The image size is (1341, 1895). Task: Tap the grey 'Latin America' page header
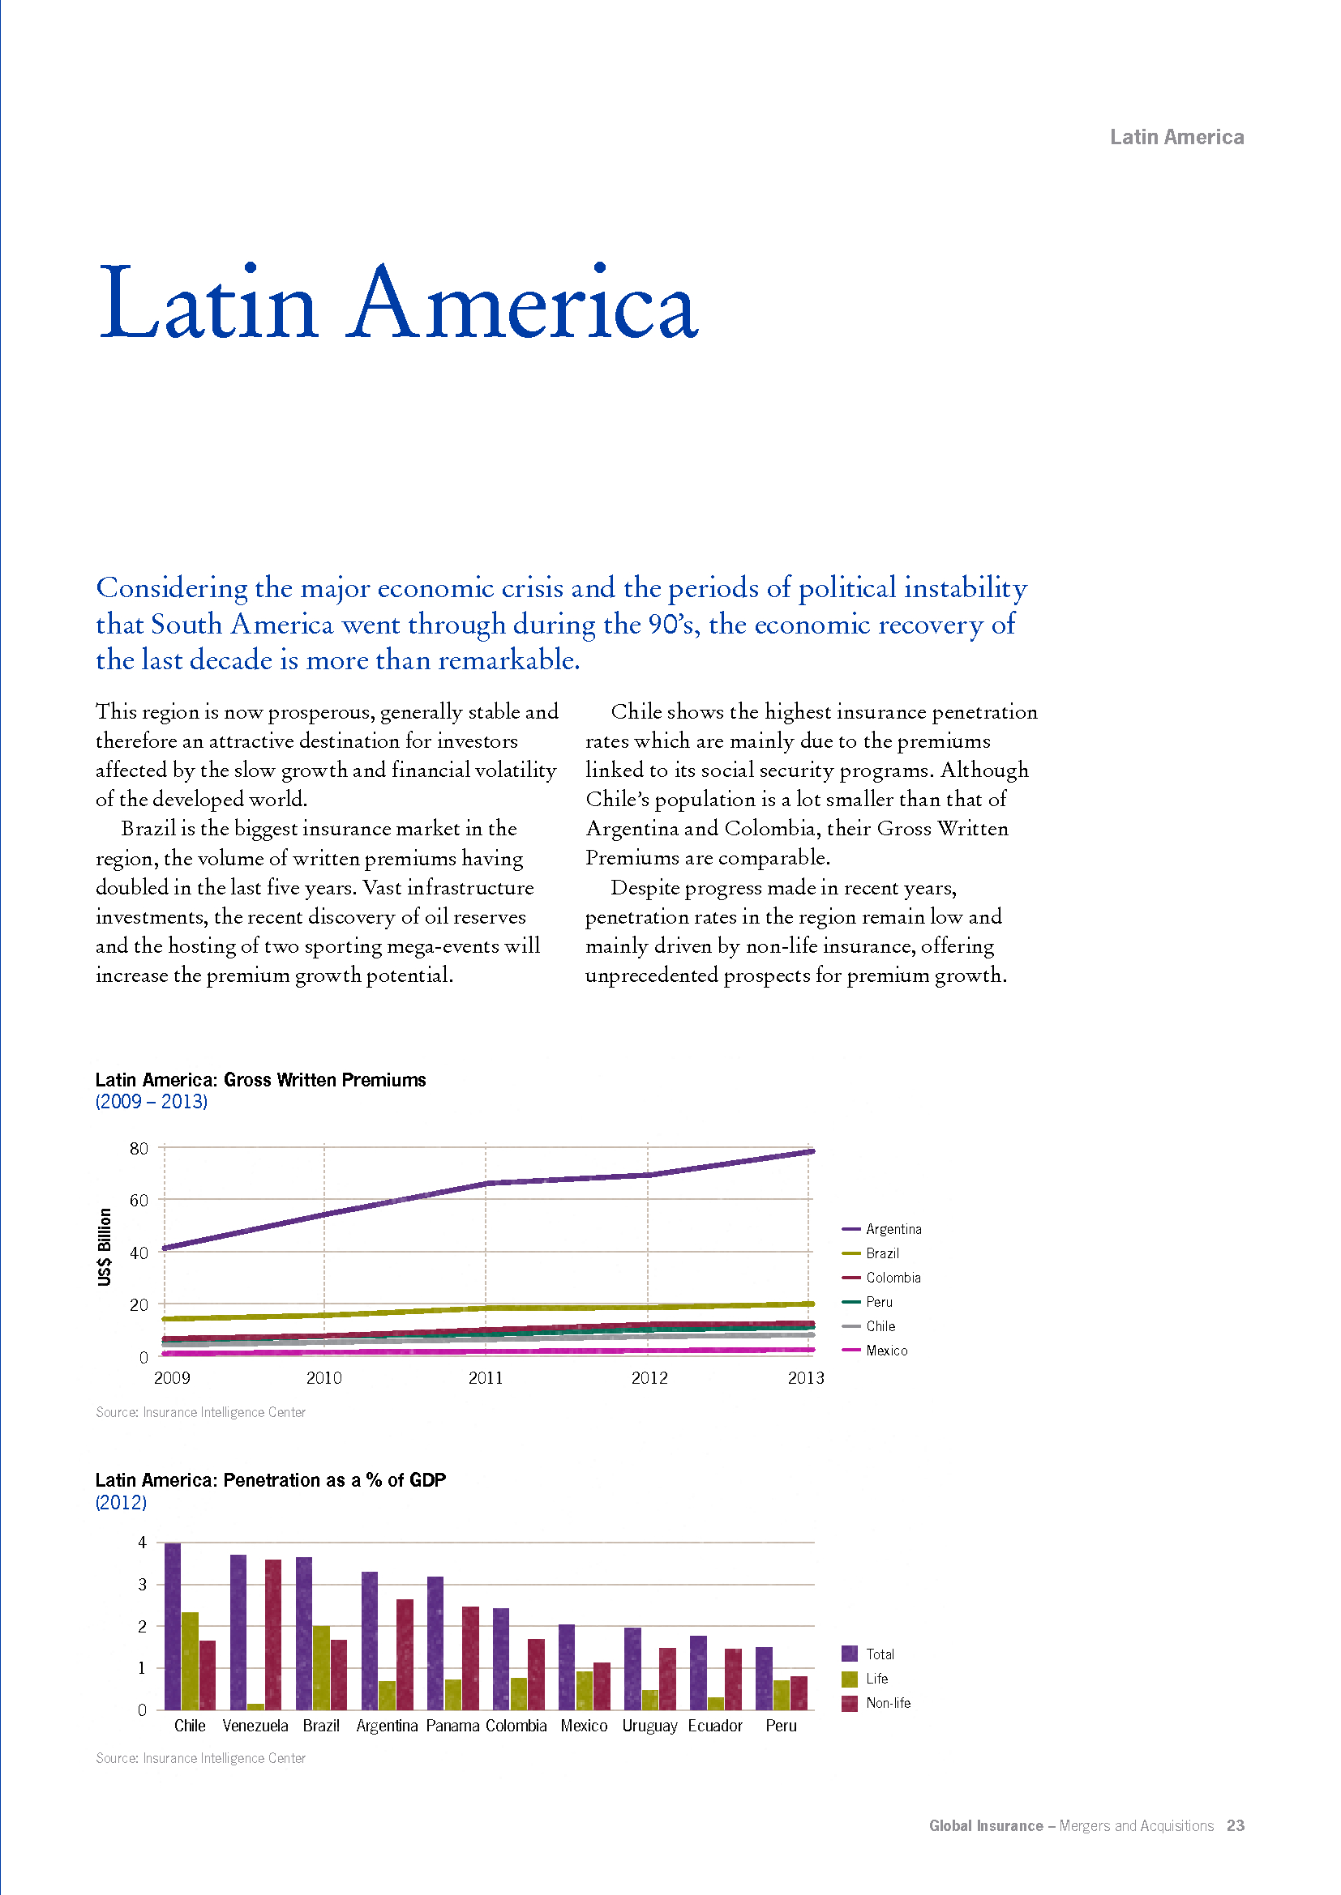point(1176,137)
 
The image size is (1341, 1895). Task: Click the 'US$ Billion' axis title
point(104,1246)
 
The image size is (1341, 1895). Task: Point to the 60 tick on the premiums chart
point(139,1200)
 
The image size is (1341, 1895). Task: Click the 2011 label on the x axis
point(486,1377)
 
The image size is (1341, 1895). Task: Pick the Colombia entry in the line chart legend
point(882,1278)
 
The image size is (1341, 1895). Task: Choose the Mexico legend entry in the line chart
point(876,1351)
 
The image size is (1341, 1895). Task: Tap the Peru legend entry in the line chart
point(868,1303)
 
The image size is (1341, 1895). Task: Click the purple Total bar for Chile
point(173,1626)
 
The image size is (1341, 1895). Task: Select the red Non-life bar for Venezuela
point(273,1634)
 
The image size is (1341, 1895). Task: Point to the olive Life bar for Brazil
point(321,1667)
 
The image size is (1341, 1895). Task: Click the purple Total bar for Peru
point(764,1678)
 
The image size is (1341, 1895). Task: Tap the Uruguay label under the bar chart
point(650,1726)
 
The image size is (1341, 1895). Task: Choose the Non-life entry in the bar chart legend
point(877,1703)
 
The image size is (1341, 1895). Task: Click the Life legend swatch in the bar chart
point(850,1679)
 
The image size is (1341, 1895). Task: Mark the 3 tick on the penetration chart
point(142,1585)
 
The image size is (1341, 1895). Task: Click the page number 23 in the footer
point(1236,1825)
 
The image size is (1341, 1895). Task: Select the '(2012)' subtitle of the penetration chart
point(122,1502)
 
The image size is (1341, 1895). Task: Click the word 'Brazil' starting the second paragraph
point(148,828)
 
